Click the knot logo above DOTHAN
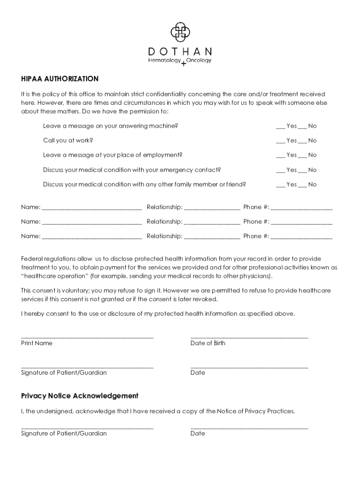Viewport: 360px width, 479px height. tap(180, 32)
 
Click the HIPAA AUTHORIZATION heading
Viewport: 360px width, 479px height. tap(60, 79)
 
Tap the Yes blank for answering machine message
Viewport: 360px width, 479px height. tap(281, 127)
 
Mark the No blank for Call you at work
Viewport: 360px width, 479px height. tap(302, 141)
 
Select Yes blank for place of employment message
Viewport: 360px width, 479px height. tap(281, 156)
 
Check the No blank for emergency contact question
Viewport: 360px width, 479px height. tap(302, 171)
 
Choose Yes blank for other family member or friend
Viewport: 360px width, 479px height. tap(281, 185)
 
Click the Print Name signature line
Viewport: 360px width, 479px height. tap(87, 337)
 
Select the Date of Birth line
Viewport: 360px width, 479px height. tap(249, 337)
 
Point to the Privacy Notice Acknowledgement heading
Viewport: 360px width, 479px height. tap(80, 396)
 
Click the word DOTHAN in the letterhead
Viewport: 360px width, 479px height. tap(180, 51)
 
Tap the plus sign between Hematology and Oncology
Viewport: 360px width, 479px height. tap(183, 64)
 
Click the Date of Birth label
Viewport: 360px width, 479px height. tap(208, 343)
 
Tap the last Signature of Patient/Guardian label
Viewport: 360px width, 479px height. tap(64, 434)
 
